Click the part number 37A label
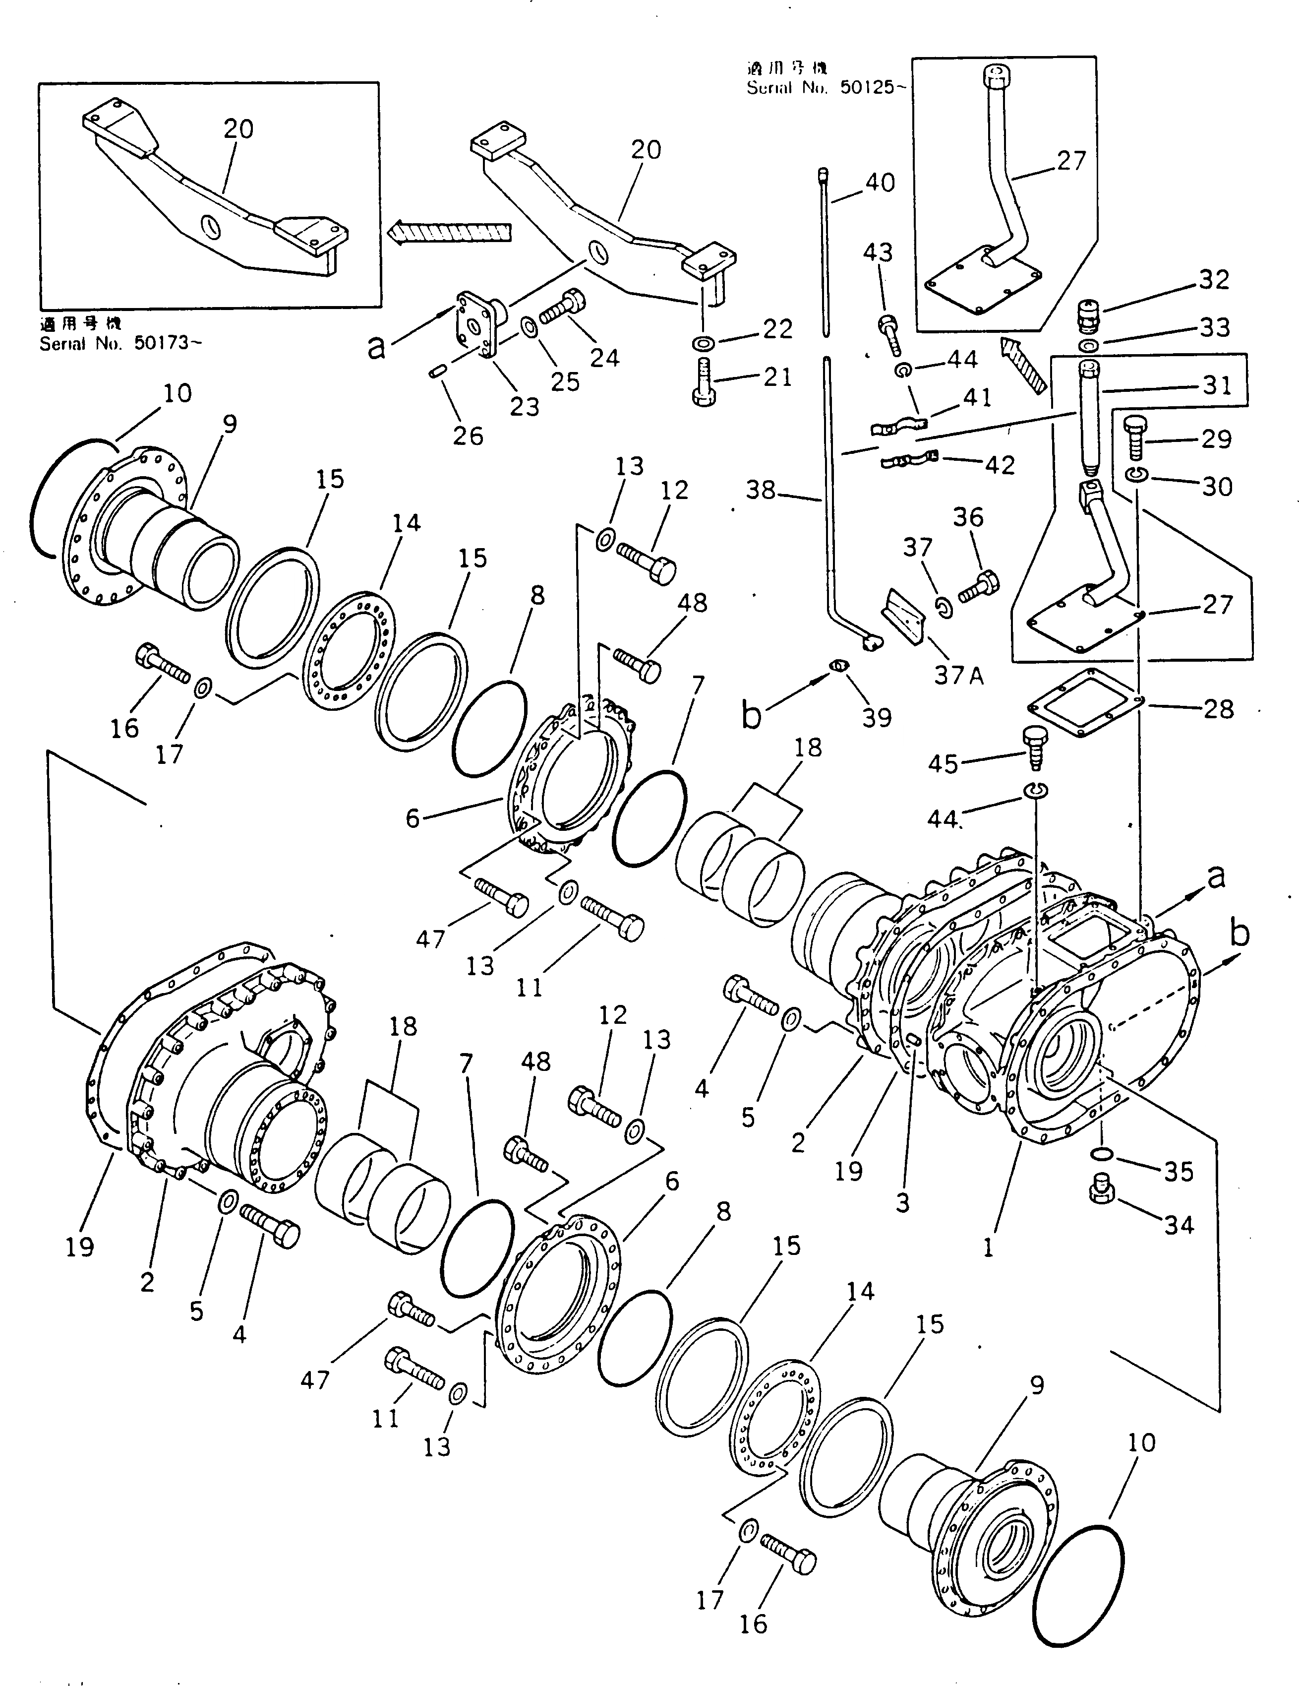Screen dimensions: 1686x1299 958,676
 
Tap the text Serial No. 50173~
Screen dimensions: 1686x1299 120,343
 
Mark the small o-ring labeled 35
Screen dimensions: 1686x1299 1101,1154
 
